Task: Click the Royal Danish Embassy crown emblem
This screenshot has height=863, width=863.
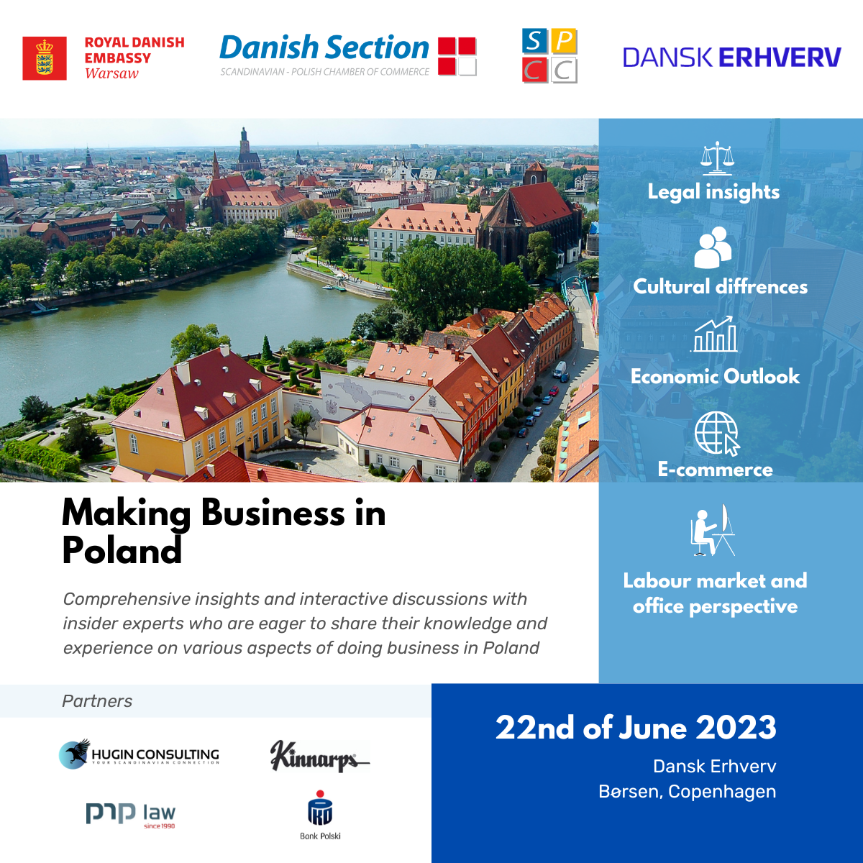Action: (x=45, y=58)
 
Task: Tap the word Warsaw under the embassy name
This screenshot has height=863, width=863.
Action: (x=111, y=73)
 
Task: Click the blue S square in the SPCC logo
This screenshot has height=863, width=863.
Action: (x=534, y=41)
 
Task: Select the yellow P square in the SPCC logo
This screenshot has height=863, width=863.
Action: (x=564, y=41)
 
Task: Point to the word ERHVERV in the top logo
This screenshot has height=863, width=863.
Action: (x=780, y=58)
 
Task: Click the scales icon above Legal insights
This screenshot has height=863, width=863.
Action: (x=718, y=157)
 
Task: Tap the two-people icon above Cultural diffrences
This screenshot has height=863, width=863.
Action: (x=713, y=247)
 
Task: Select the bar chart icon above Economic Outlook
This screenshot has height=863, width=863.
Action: (x=714, y=334)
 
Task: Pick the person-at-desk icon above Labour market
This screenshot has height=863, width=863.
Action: (x=713, y=530)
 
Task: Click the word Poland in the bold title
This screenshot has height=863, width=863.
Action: (x=122, y=551)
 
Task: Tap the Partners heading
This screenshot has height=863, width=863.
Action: (x=97, y=701)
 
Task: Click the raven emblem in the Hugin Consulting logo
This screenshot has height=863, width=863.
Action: (x=75, y=754)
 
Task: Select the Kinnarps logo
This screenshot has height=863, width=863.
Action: (x=320, y=757)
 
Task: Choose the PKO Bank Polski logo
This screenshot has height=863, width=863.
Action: (x=320, y=815)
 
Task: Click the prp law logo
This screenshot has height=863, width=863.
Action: (x=131, y=815)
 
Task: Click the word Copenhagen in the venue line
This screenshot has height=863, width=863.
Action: (x=722, y=792)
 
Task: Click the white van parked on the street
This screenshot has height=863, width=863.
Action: (x=560, y=370)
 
